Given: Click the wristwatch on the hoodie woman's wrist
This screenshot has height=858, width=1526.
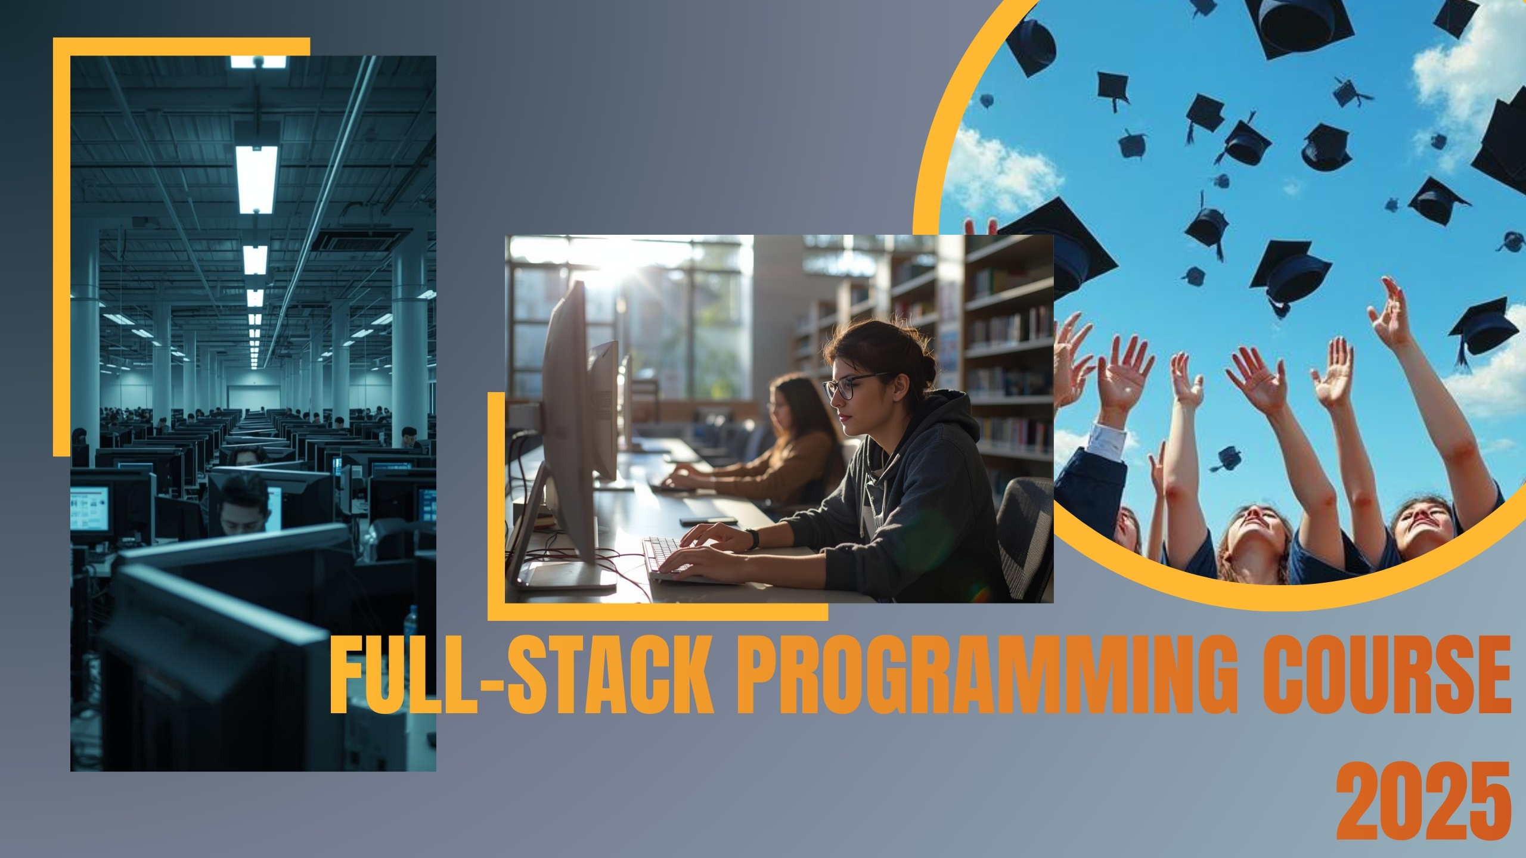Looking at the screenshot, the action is pos(752,539).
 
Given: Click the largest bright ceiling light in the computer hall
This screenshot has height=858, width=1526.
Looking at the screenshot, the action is pos(256,179).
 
